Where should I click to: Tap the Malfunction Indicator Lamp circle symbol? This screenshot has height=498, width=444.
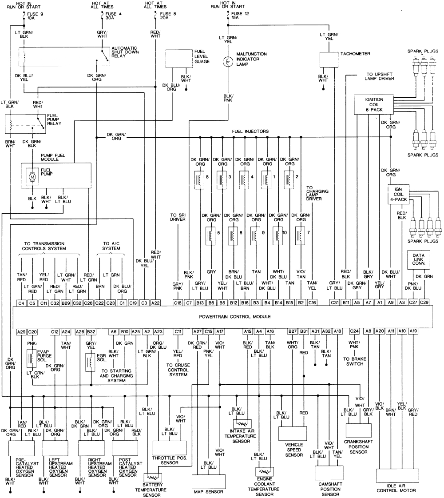tap(227, 62)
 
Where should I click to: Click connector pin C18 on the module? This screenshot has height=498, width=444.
tap(178, 303)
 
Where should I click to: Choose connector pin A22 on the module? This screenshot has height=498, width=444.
tap(155, 303)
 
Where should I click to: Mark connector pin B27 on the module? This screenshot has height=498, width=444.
tap(293, 331)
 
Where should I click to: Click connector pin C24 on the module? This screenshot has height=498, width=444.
tap(354, 331)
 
